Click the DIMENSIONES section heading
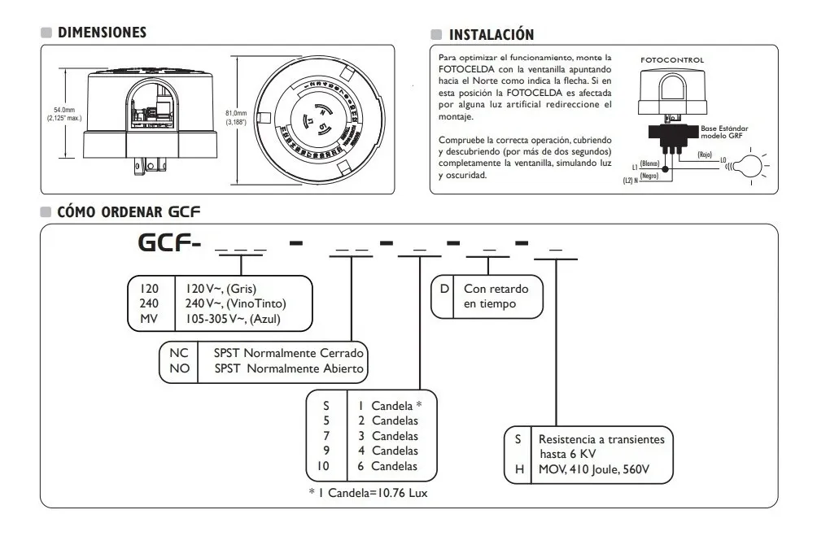tap(102, 33)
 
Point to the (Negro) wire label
tap(649, 176)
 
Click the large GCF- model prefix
tap(167, 243)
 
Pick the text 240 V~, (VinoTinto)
tap(236, 303)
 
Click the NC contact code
tap(177, 354)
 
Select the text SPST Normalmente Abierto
tap(289, 368)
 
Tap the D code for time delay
tap(443, 289)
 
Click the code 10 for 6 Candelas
tap(324, 466)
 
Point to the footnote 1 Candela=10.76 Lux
tap(368, 492)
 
